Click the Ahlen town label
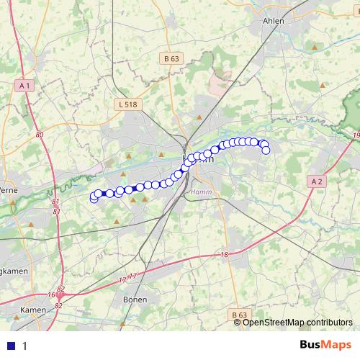tap(274, 21)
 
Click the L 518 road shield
tap(127, 104)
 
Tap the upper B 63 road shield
tap(171, 58)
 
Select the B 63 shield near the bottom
tap(240, 315)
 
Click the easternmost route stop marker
tap(266, 150)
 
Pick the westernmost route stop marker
tap(94, 198)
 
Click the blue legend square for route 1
tap(11, 346)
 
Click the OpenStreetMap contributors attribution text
tap(297, 322)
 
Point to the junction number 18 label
tap(224, 255)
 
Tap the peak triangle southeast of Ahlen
tap(313, 46)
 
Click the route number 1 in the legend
tap(24, 346)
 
